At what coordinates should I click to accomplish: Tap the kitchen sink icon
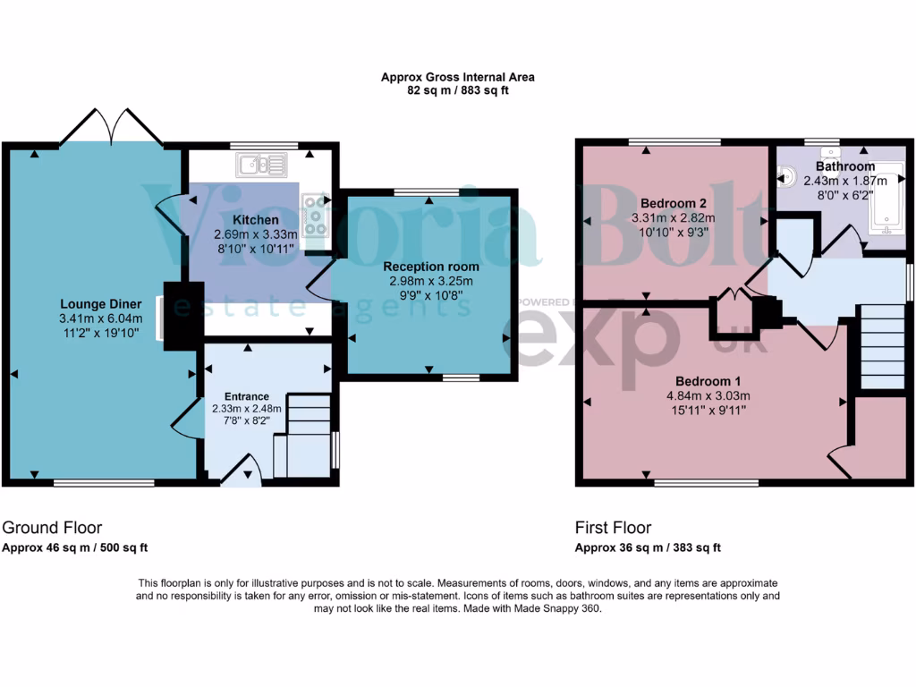(x=261, y=165)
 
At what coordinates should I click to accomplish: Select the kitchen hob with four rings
(x=317, y=215)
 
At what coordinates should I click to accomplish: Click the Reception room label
(x=431, y=267)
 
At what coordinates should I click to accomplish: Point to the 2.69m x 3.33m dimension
(x=256, y=234)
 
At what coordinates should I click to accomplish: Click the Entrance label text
(x=246, y=396)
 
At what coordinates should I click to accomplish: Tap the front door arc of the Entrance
(x=240, y=470)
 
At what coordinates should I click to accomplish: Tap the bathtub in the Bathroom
(x=886, y=202)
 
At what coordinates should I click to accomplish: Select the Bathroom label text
(x=844, y=166)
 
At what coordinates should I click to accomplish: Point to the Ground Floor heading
(x=52, y=528)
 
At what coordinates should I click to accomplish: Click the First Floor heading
(x=613, y=528)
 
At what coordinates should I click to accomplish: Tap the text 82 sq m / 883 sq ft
(x=457, y=90)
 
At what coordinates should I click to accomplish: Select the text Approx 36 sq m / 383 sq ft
(x=648, y=548)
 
